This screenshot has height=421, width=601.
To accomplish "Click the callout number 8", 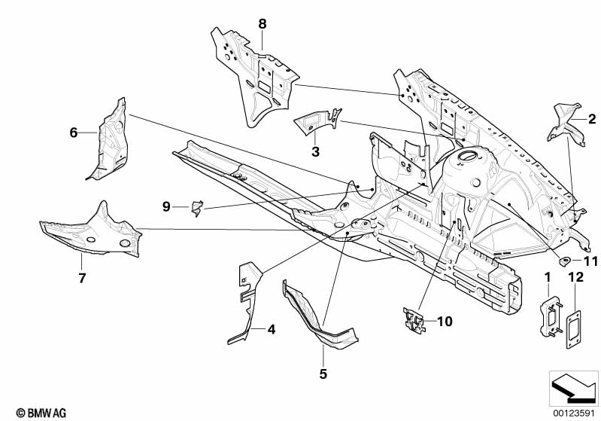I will click(x=263, y=23).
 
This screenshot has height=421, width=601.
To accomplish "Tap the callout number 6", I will click(x=74, y=133).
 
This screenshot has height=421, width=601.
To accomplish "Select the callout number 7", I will click(x=82, y=279).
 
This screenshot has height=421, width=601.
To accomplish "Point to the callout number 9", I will click(x=167, y=206).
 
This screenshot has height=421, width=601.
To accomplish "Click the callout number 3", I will click(x=316, y=152).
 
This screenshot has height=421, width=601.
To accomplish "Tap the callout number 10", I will click(x=445, y=322).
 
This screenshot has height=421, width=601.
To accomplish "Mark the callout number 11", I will click(x=590, y=261).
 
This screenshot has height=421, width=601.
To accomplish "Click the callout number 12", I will click(x=575, y=278).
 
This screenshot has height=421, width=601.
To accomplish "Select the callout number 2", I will click(x=592, y=118).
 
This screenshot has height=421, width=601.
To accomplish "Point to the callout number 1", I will click(x=548, y=278).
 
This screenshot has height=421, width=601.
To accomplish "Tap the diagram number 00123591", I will click(x=573, y=413).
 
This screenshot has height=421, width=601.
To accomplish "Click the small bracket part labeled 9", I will click(x=196, y=207).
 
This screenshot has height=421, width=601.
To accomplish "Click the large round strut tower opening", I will click(x=466, y=157).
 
